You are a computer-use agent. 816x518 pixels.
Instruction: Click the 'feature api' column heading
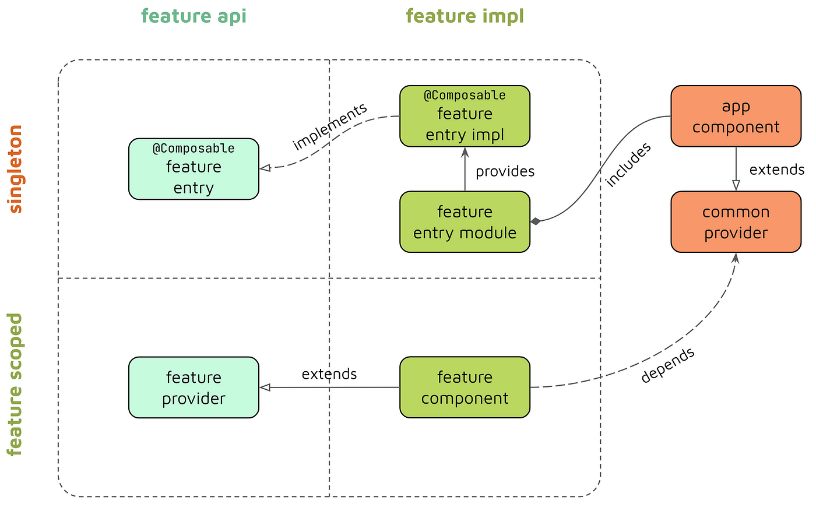click(194, 16)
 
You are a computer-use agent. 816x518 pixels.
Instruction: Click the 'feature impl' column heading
click(465, 16)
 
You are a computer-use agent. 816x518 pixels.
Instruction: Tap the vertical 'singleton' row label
click(16, 168)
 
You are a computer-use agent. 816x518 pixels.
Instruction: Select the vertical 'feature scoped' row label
click(15, 385)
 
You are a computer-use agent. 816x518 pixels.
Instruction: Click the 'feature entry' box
click(194, 168)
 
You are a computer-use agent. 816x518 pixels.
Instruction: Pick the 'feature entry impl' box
click(465, 116)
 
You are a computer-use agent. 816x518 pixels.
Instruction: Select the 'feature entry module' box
click(465, 222)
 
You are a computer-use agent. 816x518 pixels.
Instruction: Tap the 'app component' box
click(736, 116)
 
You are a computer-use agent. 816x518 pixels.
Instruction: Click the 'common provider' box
click(736, 222)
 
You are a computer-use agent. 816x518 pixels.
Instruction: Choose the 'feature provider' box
click(194, 387)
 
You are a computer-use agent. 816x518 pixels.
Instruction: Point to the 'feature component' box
click(465, 387)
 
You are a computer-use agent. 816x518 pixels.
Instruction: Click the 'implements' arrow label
click(330, 126)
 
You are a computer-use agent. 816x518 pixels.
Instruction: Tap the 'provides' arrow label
click(505, 171)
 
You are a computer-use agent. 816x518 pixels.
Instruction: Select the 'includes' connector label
click(628, 165)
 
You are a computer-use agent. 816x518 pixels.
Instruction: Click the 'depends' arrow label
click(668, 365)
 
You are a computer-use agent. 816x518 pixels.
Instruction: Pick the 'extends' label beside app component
click(776, 170)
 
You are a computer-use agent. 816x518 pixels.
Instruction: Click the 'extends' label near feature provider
click(329, 374)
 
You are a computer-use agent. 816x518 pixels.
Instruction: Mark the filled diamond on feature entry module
click(536, 221)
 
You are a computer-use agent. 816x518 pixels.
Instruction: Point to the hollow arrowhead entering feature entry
click(265, 168)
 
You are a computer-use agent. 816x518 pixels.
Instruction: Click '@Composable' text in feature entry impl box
click(465, 96)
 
